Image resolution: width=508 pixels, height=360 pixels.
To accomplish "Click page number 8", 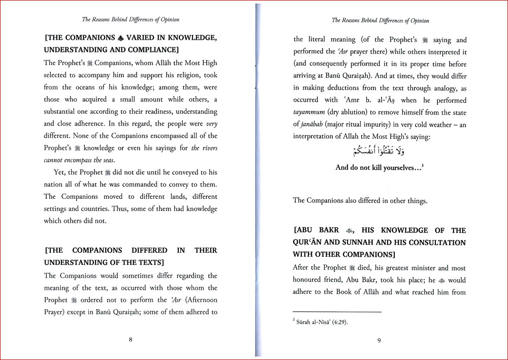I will (x=131, y=340).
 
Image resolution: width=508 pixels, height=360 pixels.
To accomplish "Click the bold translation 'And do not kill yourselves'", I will (x=379, y=167).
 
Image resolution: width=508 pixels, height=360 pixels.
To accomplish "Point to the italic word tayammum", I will (x=309, y=112).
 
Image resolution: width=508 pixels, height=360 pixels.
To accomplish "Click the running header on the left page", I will (x=131, y=19).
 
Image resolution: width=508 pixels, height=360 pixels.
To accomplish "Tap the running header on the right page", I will (x=380, y=20).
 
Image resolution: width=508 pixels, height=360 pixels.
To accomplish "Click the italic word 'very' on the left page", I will (x=211, y=124).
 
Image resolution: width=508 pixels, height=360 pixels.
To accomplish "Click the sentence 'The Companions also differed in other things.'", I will (x=360, y=200).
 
